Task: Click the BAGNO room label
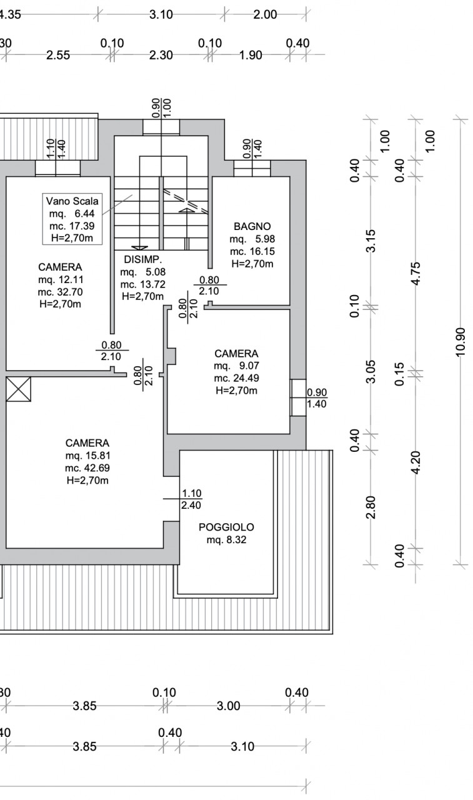tap(252, 226)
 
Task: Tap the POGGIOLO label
tap(226, 527)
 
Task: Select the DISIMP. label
tap(143, 259)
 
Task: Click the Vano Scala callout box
tap(72, 219)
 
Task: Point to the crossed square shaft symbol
tap(19, 389)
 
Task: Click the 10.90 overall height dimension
tap(461, 342)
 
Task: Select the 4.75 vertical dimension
tap(416, 274)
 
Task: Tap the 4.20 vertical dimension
tap(416, 463)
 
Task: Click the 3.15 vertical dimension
tap(371, 241)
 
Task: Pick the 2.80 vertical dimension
tap(371, 507)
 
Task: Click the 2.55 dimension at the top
tap(58, 56)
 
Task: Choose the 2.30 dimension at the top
tap(161, 56)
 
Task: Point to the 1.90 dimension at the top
tap(251, 56)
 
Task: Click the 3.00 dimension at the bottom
tap(229, 706)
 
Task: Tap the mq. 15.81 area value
tap(88, 456)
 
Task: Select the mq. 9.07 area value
tap(236, 366)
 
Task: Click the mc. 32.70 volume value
tap(61, 292)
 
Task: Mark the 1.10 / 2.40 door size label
tap(191, 499)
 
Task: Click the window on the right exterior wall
tap(299, 397)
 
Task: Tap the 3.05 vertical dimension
tap(371, 372)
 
